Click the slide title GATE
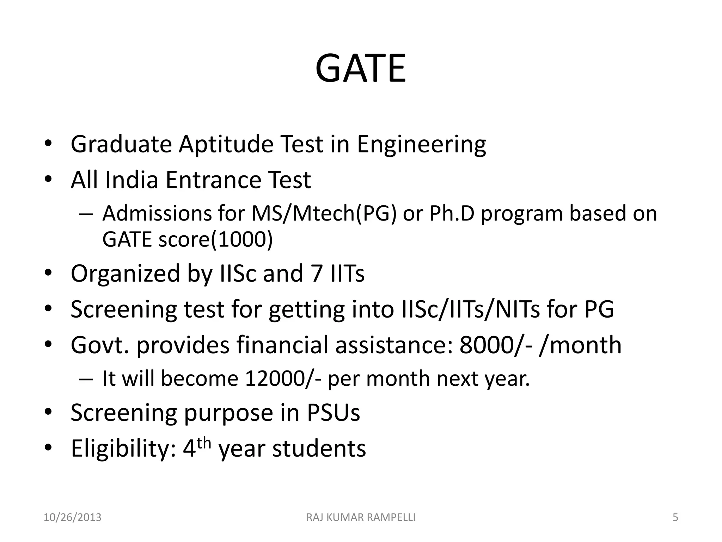click(360, 68)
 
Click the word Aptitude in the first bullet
click(226, 144)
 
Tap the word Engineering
click(421, 144)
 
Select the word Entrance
click(213, 180)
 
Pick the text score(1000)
click(215, 240)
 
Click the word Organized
click(126, 273)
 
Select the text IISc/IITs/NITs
click(470, 309)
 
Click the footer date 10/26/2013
click(72, 518)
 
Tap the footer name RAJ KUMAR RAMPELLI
click(361, 518)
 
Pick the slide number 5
click(675, 518)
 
